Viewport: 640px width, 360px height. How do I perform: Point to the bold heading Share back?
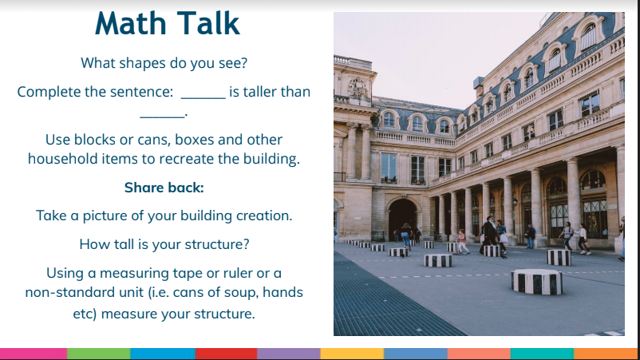164,188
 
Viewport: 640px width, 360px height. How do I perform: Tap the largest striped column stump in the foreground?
537,281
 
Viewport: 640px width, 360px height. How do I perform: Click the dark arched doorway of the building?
401,220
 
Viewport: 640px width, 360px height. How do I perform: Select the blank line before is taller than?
203,98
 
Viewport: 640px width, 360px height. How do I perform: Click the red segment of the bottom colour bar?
227,354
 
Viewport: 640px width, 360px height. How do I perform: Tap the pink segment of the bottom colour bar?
34,354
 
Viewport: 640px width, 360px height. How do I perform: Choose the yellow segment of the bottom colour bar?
352,354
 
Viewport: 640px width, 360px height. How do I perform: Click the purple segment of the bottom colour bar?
289,354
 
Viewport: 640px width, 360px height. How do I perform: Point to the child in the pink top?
463,242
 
